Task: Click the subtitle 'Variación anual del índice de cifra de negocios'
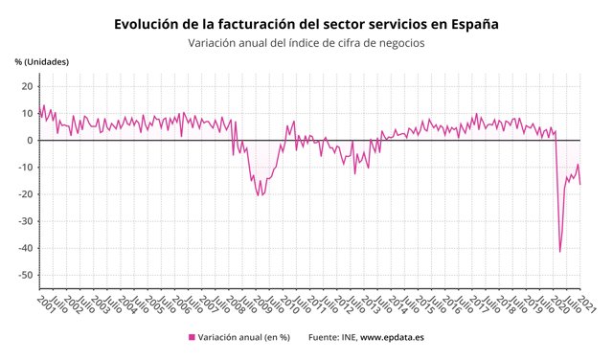(306, 43)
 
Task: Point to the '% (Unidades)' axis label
(42, 62)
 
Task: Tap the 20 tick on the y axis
(28, 87)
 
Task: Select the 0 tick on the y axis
(31, 141)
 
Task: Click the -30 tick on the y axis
(26, 221)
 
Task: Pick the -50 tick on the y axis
(26, 275)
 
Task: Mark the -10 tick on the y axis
(26, 168)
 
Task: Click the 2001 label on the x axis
(45, 304)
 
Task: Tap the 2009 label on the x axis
(260, 304)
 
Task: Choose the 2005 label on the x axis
(152, 304)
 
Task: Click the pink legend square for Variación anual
(192, 338)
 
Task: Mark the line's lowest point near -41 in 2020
(559, 252)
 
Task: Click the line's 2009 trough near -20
(258, 195)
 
